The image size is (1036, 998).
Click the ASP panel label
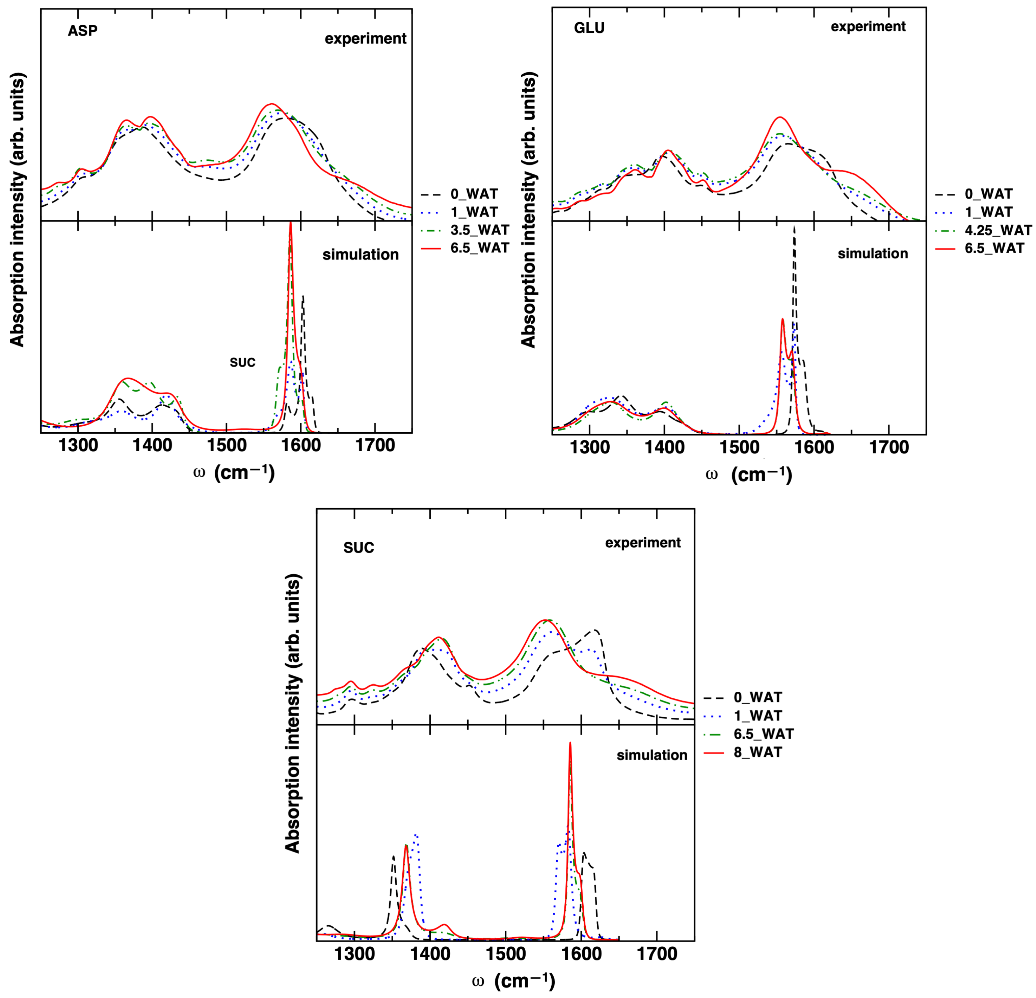click(82, 31)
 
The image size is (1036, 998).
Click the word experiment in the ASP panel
click(365, 39)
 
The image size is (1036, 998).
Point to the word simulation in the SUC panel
click(652, 755)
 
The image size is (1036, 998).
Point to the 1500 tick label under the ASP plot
click(227, 445)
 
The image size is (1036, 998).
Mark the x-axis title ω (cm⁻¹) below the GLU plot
click(749, 475)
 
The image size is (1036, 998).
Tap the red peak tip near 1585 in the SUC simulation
click(570, 743)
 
